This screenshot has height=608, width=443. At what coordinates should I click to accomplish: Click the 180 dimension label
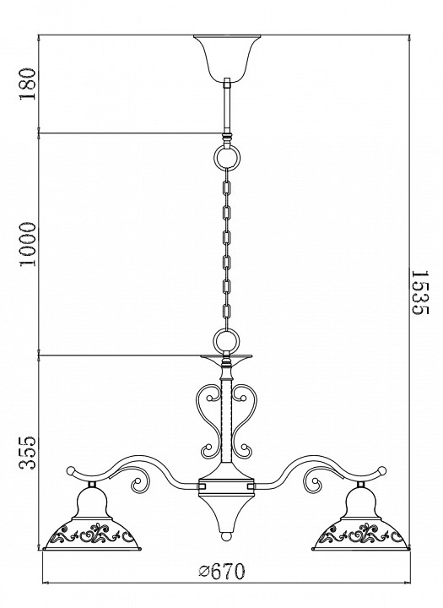tap(28, 84)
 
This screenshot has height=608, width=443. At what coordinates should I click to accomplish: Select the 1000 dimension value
tap(28, 244)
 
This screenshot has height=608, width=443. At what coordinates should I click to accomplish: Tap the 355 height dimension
tap(28, 453)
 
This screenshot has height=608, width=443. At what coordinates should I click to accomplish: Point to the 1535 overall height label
tap(419, 293)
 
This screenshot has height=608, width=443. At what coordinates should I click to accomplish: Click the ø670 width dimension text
tap(222, 571)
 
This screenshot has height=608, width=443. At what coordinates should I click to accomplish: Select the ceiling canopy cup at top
tap(227, 57)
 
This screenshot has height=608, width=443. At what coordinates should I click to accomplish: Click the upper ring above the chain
tap(228, 156)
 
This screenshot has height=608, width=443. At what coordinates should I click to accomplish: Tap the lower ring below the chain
tap(227, 340)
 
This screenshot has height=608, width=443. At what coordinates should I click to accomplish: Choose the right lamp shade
tap(362, 518)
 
